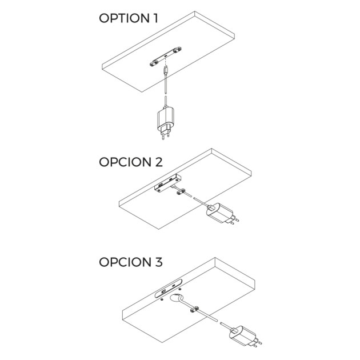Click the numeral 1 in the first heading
154,18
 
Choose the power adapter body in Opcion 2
219,214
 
